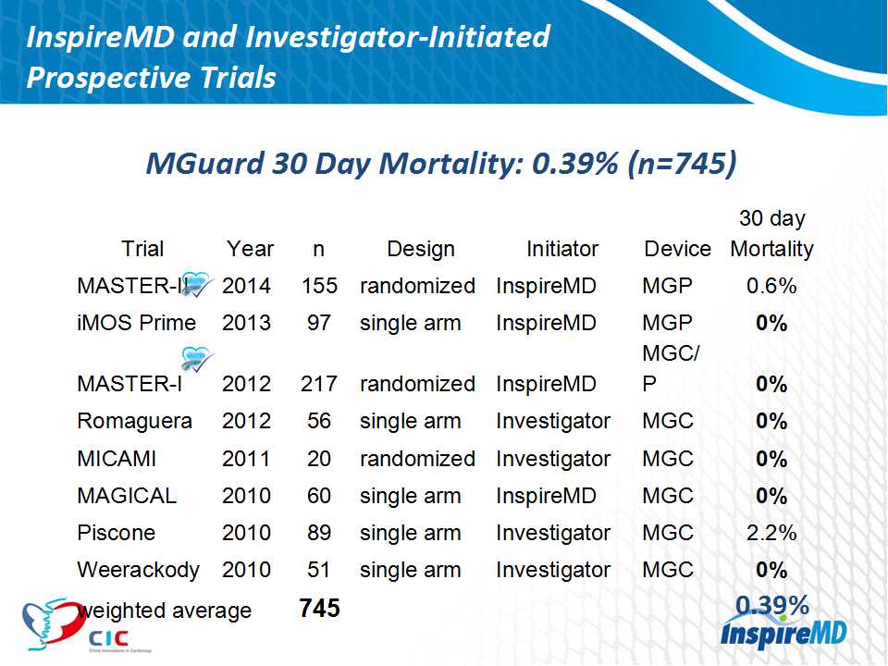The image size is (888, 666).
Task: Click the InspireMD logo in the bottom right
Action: [x=782, y=635]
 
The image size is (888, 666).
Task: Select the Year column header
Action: [x=250, y=249]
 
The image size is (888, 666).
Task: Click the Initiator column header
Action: [x=562, y=249]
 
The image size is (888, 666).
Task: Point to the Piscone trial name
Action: [x=116, y=533]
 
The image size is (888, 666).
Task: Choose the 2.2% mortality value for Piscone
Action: [x=771, y=533]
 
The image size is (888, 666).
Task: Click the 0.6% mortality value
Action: [x=771, y=286]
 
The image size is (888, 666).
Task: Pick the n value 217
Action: [x=319, y=384]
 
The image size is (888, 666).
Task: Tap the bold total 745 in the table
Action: [x=319, y=608]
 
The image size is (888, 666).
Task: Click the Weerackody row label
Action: [x=138, y=570]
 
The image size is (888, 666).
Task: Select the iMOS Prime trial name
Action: [x=136, y=323]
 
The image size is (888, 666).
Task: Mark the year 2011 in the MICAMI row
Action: [x=247, y=459]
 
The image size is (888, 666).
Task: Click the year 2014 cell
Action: [x=247, y=286]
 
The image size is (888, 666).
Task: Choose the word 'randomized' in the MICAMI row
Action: [x=417, y=459]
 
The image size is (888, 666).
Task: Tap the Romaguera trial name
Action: [x=134, y=421]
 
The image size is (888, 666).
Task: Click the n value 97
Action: [x=319, y=323]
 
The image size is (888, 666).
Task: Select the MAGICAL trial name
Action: [x=126, y=496]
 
